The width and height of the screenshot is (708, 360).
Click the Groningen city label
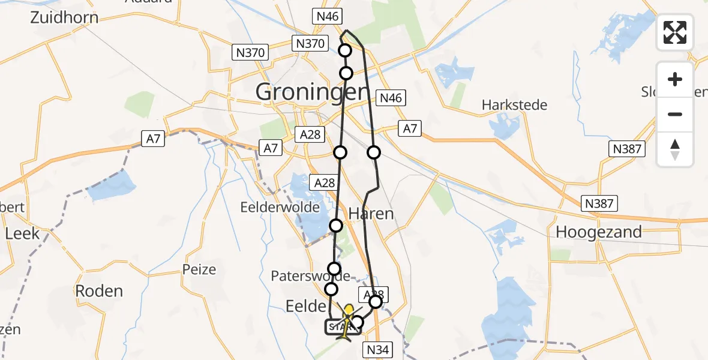pyautogui.click(x=311, y=92)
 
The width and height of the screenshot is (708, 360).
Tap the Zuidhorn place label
pyautogui.click(x=64, y=17)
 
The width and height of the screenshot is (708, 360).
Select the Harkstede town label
pyautogui.click(x=515, y=105)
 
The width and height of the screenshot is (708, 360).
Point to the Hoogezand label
pyautogui.click(x=599, y=232)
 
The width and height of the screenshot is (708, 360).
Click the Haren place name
pyautogui.click(x=371, y=214)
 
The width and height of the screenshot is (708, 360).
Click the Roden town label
pyautogui.click(x=99, y=291)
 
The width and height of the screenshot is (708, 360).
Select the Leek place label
pyautogui.click(x=22, y=233)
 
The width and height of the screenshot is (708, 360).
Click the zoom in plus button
pyautogui.click(x=675, y=79)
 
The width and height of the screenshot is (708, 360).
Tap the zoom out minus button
pyautogui.click(x=675, y=114)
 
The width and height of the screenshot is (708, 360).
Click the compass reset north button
pyautogui.click(x=675, y=149)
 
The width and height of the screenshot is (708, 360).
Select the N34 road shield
pyautogui.click(x=378, y=349)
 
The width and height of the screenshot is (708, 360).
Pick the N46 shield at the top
pyautogui.click(x=328, y=16)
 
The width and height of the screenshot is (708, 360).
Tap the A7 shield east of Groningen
pyautogui.click(x=410, y=127)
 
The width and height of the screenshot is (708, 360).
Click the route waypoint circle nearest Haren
pyautogui.click(x=336, y=226)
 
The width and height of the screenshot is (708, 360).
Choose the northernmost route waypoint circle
pyautogui.click(x=345, y=50)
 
